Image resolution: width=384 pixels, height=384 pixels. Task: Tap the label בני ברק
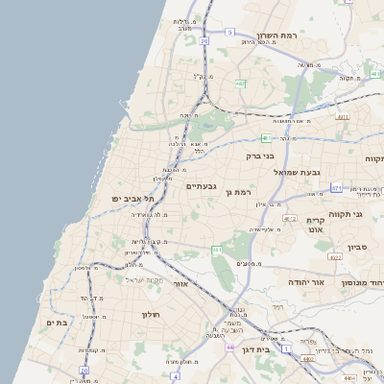pos(260,155)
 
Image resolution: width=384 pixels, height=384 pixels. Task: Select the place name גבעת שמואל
pos(275,171)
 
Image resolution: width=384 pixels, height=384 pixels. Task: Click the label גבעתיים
pos(201,185)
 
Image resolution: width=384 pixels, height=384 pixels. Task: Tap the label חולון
pos(150,315)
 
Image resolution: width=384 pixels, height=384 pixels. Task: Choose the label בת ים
pos(57,324)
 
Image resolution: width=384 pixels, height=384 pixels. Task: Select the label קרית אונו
pos(320,225)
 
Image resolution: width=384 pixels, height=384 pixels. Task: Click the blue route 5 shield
pos(229,33)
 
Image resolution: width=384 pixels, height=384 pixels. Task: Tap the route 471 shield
pos(342,116)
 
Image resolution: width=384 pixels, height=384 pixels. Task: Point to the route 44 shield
pos(229,346)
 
